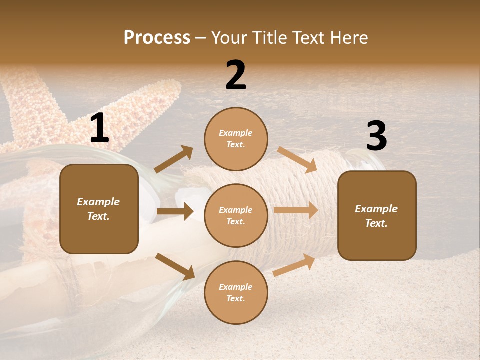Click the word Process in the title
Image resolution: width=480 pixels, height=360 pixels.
point(157,37)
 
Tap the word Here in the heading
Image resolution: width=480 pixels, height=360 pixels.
point(348,37)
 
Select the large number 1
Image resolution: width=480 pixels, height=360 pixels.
point(99,128)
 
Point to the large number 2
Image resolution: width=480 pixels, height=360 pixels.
point(236,75)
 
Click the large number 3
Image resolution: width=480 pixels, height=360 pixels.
point(376,136)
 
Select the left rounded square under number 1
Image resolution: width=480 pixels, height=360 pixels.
point(99,209)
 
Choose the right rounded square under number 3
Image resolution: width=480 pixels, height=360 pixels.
point(377,215)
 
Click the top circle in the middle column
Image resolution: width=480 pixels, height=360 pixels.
point(236,139)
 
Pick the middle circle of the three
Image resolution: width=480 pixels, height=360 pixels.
point(236,215)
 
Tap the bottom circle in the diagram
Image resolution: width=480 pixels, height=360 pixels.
point(236,292)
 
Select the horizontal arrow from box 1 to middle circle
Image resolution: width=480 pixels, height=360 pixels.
point(175,211)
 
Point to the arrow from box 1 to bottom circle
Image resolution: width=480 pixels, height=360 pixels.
point(175,266)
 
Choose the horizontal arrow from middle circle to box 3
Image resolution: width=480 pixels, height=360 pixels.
point(296,210)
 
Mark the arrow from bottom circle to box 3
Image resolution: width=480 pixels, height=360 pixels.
point(294,265)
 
